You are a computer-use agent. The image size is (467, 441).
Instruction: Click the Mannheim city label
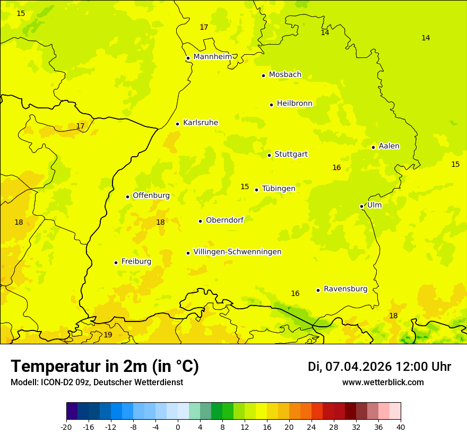[213, 56]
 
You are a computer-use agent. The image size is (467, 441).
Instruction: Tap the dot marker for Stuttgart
[270, 155]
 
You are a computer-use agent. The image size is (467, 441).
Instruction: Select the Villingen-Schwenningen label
[237, 252]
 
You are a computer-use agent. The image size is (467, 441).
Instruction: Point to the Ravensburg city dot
[318, 290]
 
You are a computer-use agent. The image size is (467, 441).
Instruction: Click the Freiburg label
[136, 261]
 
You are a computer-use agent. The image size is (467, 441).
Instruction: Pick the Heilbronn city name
[295, 103]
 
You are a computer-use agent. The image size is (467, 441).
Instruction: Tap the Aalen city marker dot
[374, 147]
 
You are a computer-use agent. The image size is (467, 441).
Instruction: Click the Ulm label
[374, 205]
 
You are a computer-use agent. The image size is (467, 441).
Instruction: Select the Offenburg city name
[151, 195]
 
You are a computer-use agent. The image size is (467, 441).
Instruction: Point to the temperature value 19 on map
[108, 335]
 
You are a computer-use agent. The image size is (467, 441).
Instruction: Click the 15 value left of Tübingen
[245, 186]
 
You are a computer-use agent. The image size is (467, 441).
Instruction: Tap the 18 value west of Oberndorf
[160, 222]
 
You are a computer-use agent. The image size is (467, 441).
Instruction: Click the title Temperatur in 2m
[105, 366]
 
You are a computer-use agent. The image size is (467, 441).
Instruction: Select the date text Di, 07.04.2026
[350, 367]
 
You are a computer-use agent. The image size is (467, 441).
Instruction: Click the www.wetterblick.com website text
[383, 382]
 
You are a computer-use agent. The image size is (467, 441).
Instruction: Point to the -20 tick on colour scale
[66, 427]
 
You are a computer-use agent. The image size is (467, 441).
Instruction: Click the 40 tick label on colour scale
[401, 427]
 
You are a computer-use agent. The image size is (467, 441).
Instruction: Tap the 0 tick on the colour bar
[178, 427]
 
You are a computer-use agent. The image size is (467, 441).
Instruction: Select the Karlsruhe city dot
[178, 124]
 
